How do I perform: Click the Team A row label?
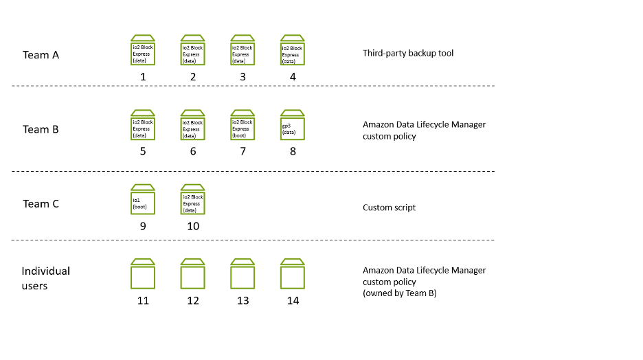point(41,55)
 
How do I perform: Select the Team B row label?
point(41,129)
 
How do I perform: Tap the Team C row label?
point(41,203)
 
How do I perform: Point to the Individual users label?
point(45,278)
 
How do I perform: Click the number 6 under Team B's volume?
point(193,151)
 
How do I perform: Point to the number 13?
point(242,300)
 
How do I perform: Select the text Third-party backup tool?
point(408,54)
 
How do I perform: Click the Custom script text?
point(389,207)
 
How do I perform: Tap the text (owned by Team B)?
point(399,293)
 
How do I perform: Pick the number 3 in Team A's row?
point(242,77)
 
